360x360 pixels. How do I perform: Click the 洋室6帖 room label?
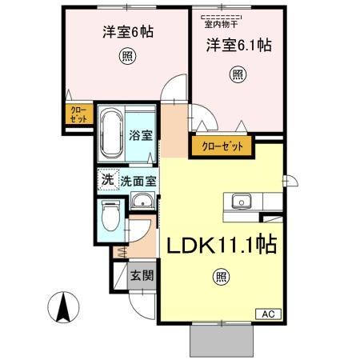pyautogui.click(x=128, y=33)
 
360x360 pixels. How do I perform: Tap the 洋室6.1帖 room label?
pyautogui.click(x=238, y=45)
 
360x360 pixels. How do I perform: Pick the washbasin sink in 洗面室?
pyautogui.click(x=142, y=202)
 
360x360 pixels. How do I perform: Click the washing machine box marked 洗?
pyautogui.click(x=107, y=180)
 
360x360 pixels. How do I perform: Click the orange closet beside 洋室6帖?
pyautogui.click(x=78, y=114)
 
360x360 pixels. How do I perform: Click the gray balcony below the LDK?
pyautogui.click(x=221, y=342)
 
